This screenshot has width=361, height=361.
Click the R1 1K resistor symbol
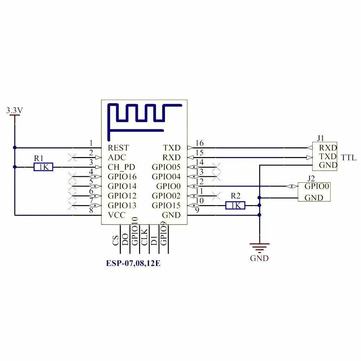tap(43, 167)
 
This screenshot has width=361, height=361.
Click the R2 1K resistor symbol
tap(235, 205)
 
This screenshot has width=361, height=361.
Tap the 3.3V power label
tap(14, 110)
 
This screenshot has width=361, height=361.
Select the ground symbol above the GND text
tap(259, 247)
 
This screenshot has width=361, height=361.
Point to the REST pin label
tap(118, 148)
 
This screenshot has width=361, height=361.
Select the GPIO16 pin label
tap(122, 177)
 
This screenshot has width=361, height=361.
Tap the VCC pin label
tap(116, 215)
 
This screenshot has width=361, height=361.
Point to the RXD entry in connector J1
tap(328, 148)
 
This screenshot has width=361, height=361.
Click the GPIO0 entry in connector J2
tap(317, 187)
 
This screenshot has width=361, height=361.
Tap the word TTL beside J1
tap(348, 157)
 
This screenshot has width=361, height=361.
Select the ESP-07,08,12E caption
tap(133, 264)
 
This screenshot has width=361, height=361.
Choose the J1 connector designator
tap(320, 138)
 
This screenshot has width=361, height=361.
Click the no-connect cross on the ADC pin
tap(73, 157)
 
